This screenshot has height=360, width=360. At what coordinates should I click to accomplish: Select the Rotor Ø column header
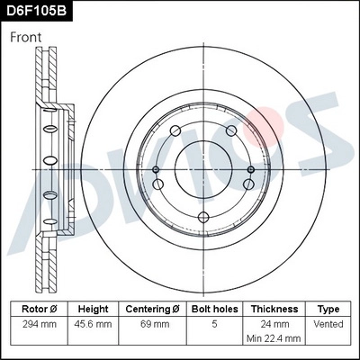click(39, 309)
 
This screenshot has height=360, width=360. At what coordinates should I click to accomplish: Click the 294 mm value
click(39, 323)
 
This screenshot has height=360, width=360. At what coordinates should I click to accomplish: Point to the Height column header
click(94, 309)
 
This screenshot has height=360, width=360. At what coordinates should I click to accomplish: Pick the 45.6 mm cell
click(94, 323)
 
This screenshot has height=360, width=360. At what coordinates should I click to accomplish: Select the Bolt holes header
click(213, 309)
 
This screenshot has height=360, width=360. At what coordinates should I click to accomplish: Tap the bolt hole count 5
click(213, 323)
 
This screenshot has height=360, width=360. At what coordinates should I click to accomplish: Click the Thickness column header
click(274, 309)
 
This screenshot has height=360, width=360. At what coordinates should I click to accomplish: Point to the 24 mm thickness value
click(274, 323)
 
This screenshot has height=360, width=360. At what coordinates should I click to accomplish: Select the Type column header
click(329, 309)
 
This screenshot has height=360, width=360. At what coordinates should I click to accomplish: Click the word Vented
click(329, 323)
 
